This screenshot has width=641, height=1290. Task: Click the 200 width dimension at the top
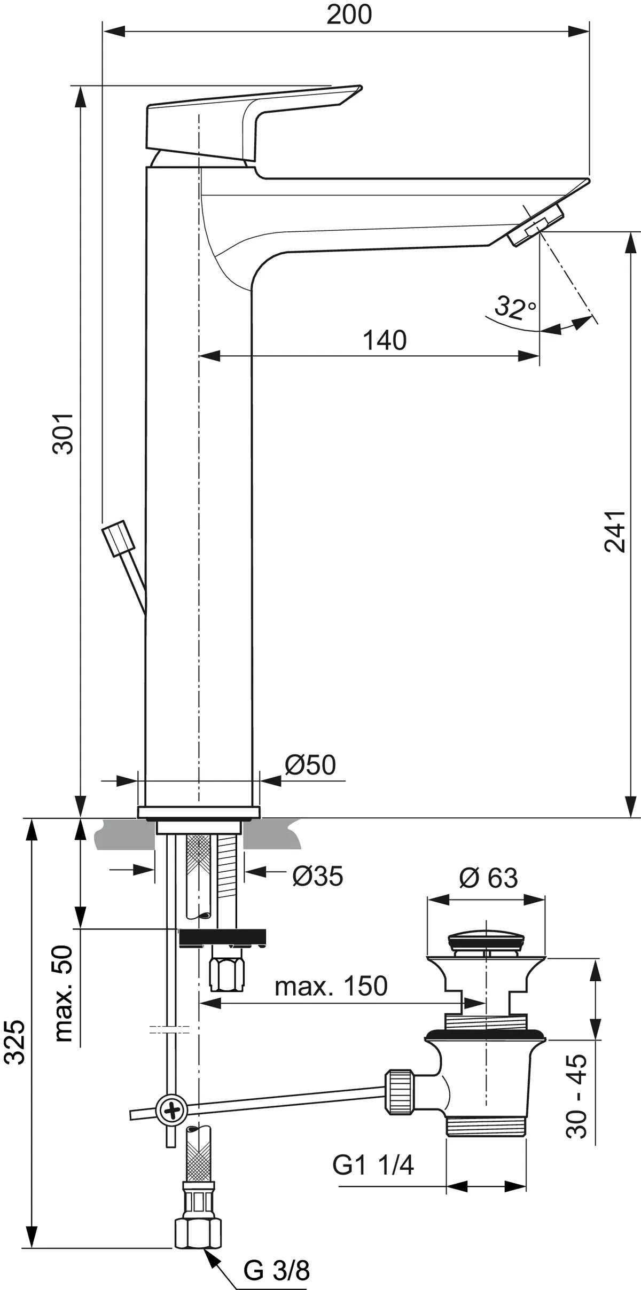[349, 14]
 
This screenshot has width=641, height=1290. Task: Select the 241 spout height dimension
[614, 531]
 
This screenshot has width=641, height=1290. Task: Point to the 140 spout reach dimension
[385, 340]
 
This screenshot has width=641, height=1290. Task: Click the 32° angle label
[515, 307]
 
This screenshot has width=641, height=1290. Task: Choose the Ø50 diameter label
[310, 764]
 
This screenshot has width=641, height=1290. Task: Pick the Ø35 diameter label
[318, 877]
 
